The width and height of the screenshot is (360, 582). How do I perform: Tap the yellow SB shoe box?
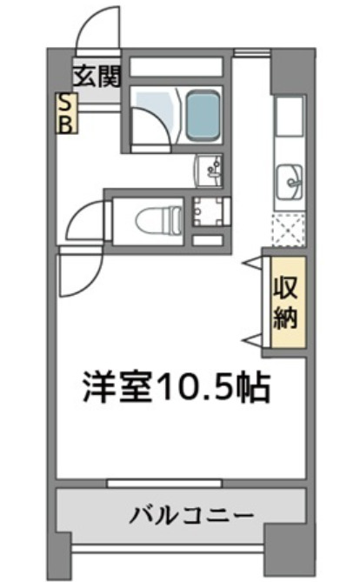(x=66, y=112)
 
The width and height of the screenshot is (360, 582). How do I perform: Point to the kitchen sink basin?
(x=290, y=184)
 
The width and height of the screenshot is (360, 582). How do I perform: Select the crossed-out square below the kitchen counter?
(x=289, y=229)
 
